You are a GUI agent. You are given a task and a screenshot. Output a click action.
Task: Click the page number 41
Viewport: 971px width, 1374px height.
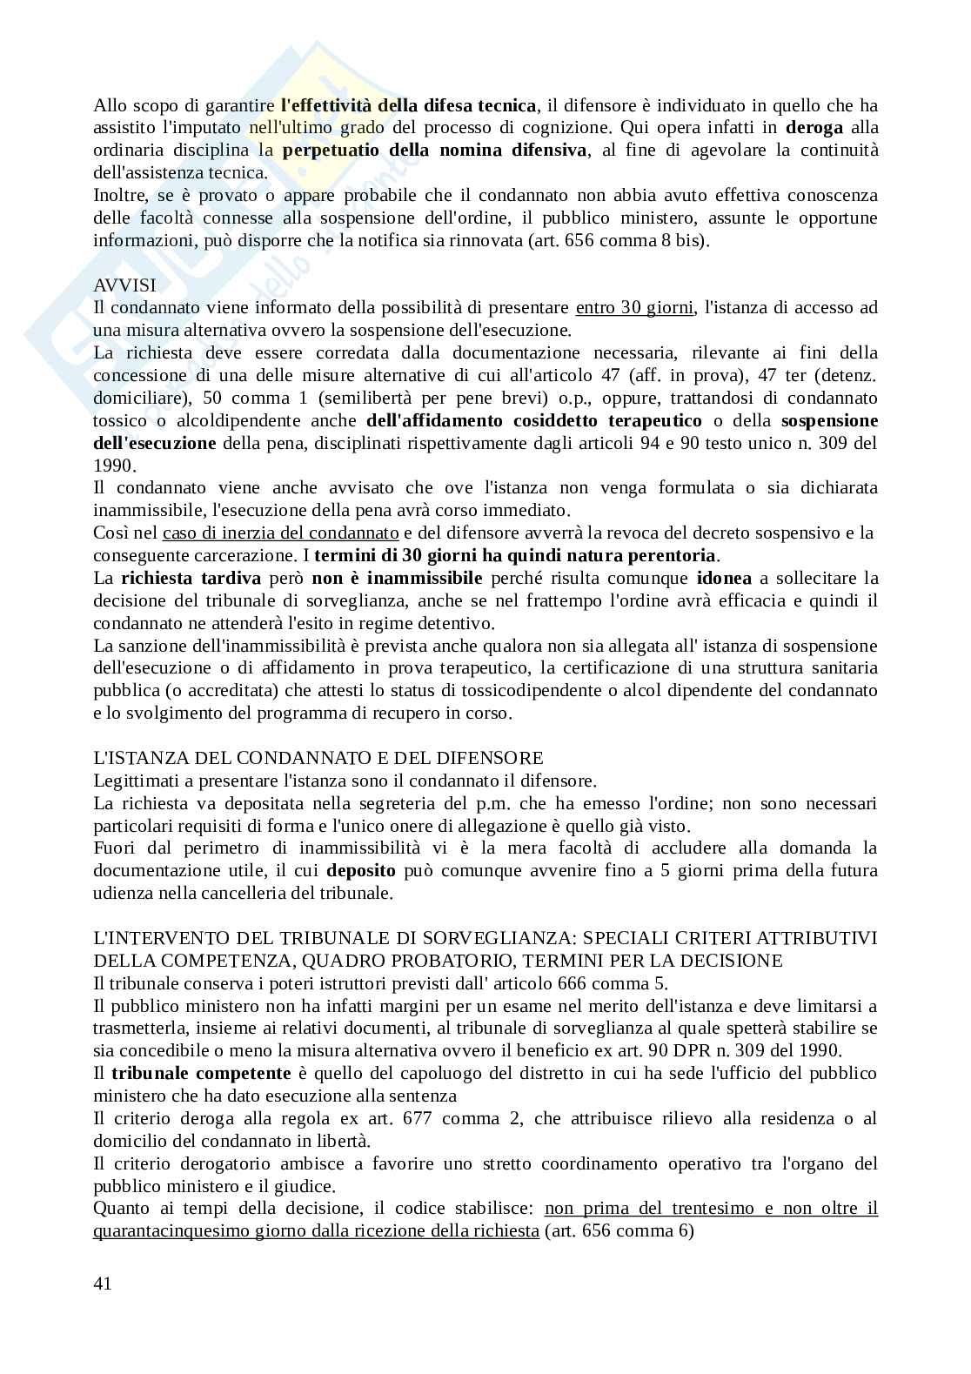(x=103, y=1284)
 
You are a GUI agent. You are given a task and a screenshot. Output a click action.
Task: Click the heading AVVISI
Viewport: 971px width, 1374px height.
(x=125, y=285)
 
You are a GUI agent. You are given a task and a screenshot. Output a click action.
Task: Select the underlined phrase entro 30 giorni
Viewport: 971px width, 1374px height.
(x=635, y=308)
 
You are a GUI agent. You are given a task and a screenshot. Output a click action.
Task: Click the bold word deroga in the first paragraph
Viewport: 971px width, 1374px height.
(x=814, y=128)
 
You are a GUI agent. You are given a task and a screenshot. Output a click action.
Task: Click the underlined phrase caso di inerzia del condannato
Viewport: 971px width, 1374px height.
(x=281, y=533)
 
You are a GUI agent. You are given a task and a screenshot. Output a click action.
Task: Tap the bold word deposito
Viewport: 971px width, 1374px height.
(x=361, y=871)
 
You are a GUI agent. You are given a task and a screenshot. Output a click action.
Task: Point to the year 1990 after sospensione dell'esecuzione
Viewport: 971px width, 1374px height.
(x=111, y=466)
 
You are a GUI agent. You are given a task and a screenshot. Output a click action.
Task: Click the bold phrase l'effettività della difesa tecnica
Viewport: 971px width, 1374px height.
(x=409, y=105)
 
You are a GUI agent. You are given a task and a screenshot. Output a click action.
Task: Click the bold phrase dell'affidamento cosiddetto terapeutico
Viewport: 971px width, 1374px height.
(x=534, y=421)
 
